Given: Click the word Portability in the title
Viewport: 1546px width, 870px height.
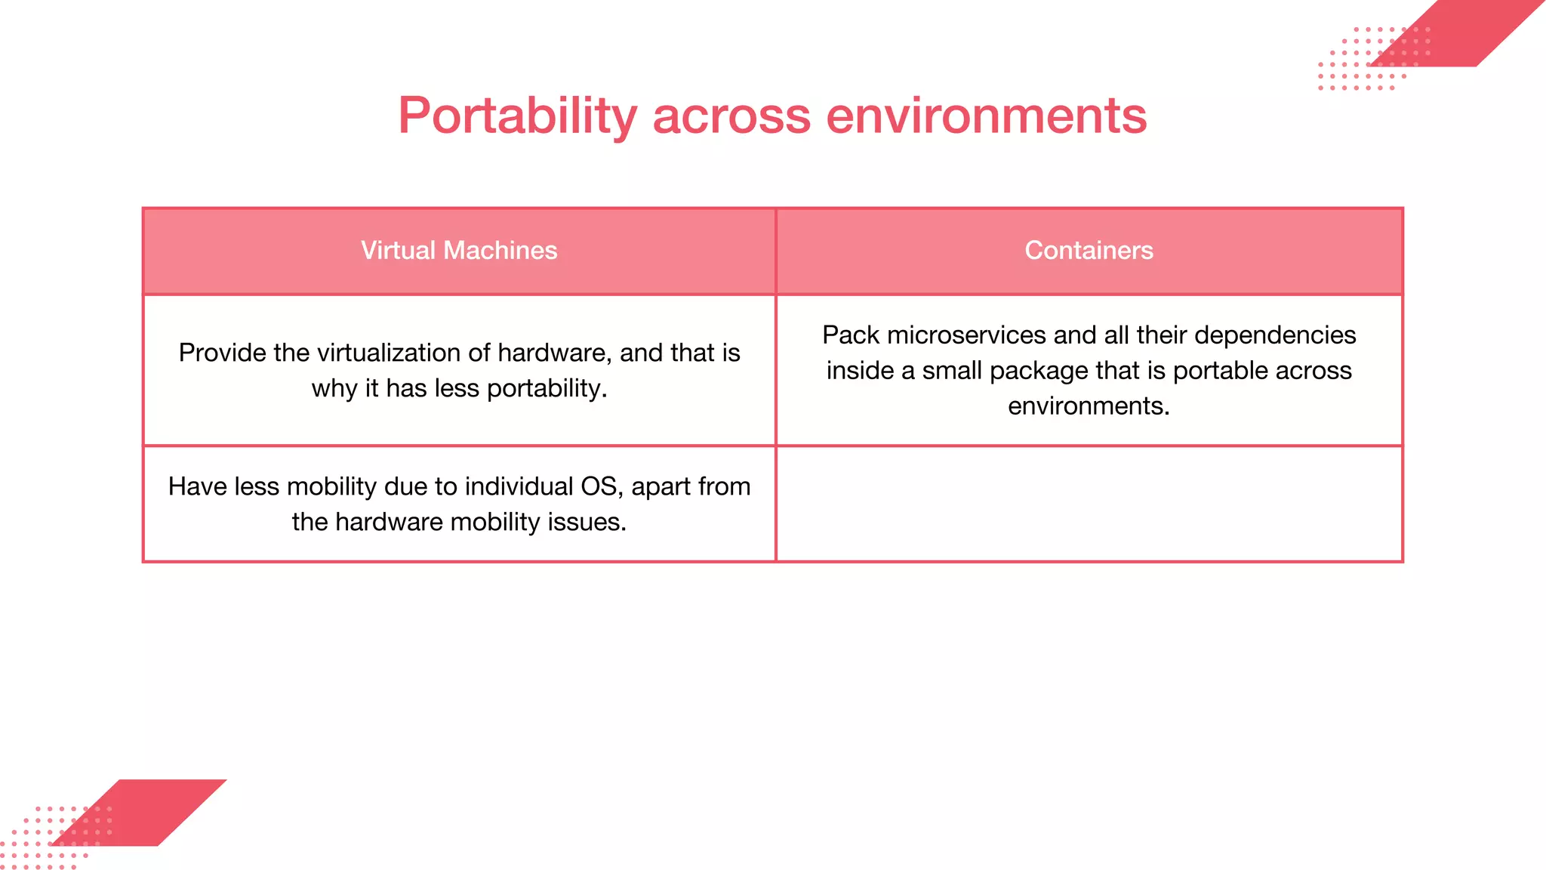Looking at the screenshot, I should tap(518, 116).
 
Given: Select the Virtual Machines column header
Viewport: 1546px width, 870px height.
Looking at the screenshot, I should tap(459, 251).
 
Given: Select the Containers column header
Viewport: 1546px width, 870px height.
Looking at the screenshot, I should tap(1089, 251).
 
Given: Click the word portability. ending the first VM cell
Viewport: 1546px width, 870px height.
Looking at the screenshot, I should tap(547, 389).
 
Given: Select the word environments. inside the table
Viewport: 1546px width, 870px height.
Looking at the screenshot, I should tap(1089, 406).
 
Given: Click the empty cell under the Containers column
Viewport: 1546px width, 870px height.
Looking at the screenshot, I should tap(1089, 504).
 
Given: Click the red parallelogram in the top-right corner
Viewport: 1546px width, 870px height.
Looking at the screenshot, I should tap(1464, 34).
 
